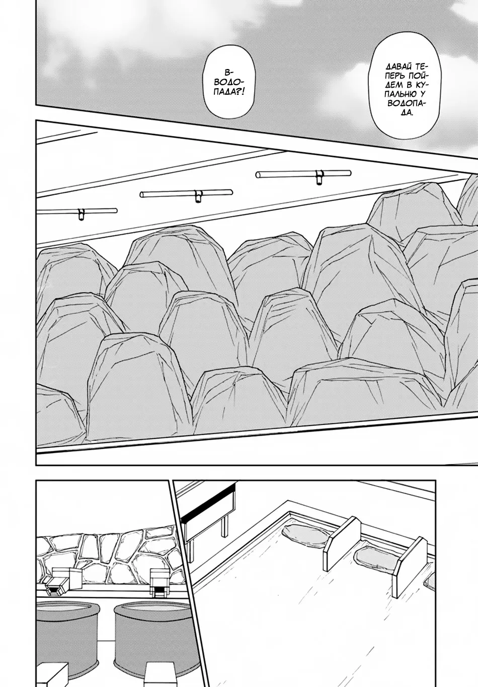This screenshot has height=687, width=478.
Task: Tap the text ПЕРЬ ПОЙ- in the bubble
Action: point(400,75)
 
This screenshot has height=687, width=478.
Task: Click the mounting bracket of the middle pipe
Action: point(198,196)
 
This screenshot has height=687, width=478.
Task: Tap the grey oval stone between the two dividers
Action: point(372,556)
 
